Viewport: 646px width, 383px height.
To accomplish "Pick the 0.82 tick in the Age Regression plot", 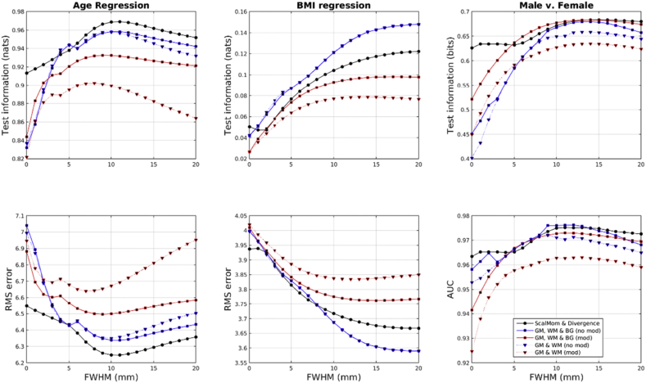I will coord(14,158).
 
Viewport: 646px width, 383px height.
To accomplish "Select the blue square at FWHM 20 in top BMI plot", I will coord(418,25).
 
